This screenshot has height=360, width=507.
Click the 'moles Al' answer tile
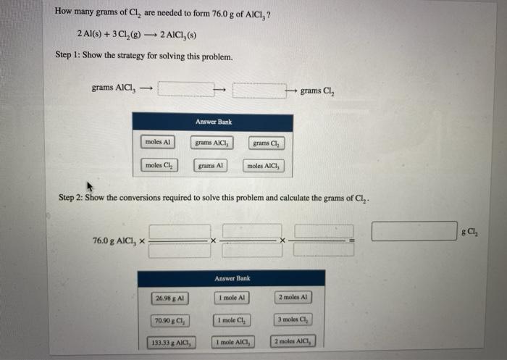pyautogui.click(x=157, y=143)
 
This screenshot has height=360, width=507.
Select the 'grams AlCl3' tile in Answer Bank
pyautogui.click(x=211, y=143)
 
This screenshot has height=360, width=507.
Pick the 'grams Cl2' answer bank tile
pyautogui.click(x=267, y=143)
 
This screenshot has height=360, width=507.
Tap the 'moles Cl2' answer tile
pyautogui.click(x=159, y=166)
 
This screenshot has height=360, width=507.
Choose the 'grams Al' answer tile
pyautogui.click(x=211, y=166)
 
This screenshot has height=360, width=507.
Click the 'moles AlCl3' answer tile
pyautogui.click(x=265, y=166)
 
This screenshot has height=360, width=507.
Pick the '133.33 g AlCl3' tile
pyautogui.click(x=169, y=342)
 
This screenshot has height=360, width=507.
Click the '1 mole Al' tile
pyautogui.click(x=232, y=298)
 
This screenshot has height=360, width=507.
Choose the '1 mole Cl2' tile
pyautogui.click(x=232, y=320)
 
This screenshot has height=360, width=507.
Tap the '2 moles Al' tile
pyautogui.click(x=293, y=298)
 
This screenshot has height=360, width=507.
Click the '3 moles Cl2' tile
pyautogui.click(x=293, y=320)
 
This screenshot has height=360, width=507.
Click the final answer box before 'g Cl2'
pyautogui.click(x=414, y=231)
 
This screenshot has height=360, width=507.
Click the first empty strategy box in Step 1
pyautogui.click(x=185, y=90)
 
